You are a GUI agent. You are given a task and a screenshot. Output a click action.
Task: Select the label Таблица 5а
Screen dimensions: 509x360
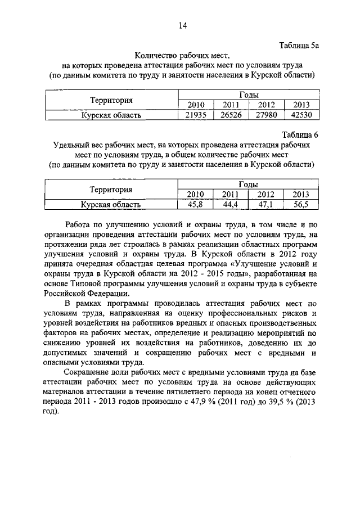point(299,44)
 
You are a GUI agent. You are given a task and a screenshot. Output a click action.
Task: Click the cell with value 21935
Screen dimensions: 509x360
point(196,115)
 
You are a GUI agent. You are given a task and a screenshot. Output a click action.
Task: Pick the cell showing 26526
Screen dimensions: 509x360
point(232,115)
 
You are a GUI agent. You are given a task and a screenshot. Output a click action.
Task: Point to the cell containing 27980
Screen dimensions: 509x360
point(267,115)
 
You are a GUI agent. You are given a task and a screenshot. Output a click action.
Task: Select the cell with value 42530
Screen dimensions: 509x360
point(302,115)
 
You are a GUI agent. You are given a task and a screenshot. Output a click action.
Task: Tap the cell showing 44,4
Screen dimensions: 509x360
point(231,205)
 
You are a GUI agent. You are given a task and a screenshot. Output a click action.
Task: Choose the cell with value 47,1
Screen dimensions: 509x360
point(266,205)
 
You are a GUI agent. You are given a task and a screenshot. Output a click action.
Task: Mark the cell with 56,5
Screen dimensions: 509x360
point(301,205)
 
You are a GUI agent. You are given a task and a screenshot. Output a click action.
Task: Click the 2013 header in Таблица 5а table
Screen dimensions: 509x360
point(302,105)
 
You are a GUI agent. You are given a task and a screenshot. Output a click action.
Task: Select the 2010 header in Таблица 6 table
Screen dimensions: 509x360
point(196,195)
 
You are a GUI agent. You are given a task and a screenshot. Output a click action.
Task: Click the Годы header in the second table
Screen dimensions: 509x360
point(248,184)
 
